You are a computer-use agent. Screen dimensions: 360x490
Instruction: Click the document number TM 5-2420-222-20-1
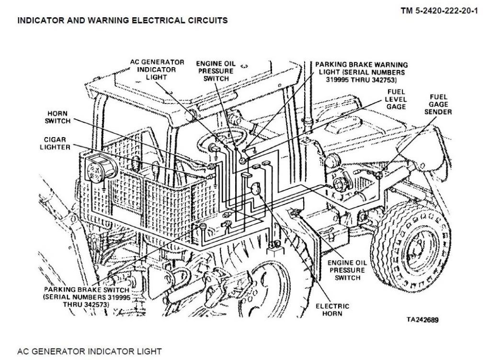(x=439, y=11)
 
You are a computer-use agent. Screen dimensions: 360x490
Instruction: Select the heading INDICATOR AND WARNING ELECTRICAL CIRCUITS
(x=122, y=21)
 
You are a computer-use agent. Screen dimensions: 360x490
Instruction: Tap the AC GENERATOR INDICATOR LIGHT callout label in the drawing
(x=157, y=70)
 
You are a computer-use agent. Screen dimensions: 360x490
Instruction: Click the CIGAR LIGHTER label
(x=56, y=143)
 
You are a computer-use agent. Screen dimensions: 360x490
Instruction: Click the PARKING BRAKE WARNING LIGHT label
(x=362, y=72)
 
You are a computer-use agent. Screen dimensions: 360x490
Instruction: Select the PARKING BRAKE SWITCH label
(x=86, y=297)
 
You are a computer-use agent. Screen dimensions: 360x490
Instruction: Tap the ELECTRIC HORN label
(x=332, y=310)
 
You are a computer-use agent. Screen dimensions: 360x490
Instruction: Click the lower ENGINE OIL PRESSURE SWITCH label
(x=348, y=270)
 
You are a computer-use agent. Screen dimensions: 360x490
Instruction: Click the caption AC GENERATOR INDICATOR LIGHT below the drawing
(x=90, y=351)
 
